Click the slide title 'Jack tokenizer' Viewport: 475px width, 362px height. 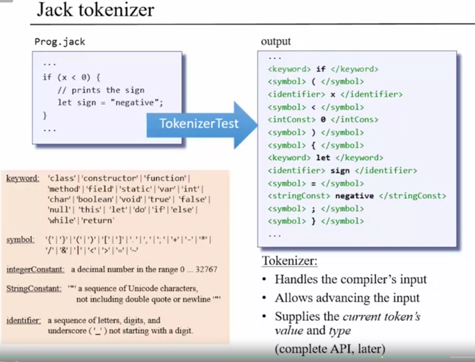click(x=95, y=10)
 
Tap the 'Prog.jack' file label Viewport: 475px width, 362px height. click(x=60, y=42)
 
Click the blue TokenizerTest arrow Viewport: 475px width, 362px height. click(x=199, y=124)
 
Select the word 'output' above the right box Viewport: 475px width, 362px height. click(x=276, y=42)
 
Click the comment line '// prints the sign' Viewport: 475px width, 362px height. click(x=101, y=90)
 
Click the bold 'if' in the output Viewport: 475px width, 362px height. click(x=321, y=69)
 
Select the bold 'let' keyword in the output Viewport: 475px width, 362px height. click(x=323, y=158)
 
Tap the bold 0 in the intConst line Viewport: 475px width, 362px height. click(x=323, y=120)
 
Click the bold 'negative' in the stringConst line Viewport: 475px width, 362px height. click(x=354, y=196)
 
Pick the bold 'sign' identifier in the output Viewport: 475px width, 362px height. click(x=340, y=171)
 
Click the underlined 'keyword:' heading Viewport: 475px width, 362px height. click(x=23, y=178)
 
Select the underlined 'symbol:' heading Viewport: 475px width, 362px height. click(x=20, y=240)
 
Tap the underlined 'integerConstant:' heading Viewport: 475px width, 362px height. click(x=35, y=270)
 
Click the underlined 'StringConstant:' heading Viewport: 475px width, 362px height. click(x=34, y=288)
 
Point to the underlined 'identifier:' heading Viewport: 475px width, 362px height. click(x=23, y=320)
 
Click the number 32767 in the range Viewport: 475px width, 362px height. click(x=206, y=269)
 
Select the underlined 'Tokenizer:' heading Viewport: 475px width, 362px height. click(x=289, y=261)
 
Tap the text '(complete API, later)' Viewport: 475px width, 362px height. click(x=330, y=349)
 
